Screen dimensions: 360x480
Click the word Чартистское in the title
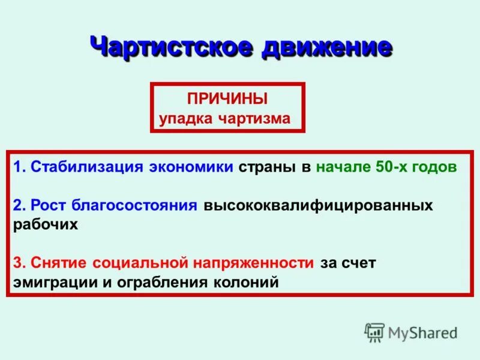click(172, 47)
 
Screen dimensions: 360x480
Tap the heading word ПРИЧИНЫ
click(227, 98)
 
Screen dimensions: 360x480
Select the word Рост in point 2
click(49, 206)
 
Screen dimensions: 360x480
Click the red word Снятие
click(59, 263)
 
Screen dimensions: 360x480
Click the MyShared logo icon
click(374, 332)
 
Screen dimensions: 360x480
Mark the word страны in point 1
click(269, 167)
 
